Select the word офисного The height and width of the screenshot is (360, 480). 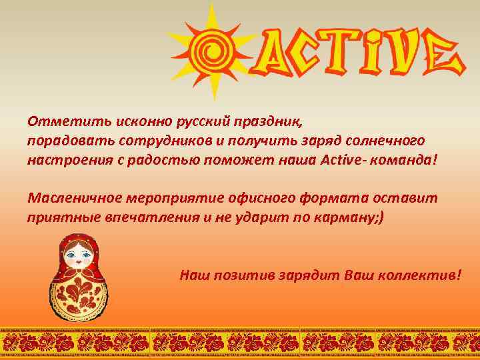coord(276,199)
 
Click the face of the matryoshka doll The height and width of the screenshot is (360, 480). coord(79,254)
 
